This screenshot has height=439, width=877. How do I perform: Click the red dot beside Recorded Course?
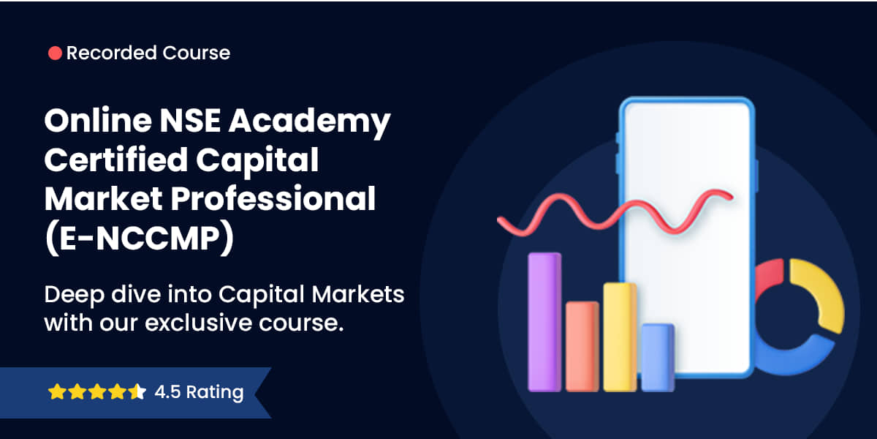pos(55,53)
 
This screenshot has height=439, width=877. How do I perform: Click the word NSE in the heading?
pos(190,120)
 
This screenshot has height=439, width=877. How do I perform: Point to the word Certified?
pos(116,160)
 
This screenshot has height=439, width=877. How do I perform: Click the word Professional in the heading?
pos(273,199)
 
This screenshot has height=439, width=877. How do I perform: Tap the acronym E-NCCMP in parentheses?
pos(140,238)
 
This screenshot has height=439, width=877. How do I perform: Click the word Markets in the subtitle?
pos(358,294)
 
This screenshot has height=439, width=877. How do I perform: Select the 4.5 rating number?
pos(167,391)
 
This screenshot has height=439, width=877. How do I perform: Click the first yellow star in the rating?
pos(57,391)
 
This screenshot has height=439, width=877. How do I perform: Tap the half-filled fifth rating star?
pos(137,391)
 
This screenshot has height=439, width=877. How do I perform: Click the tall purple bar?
pos(544,322)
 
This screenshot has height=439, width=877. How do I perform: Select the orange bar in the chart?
pos(582,347)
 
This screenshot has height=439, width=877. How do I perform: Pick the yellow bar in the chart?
pos(620,337)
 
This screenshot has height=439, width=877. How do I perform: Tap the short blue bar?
pos(658,358)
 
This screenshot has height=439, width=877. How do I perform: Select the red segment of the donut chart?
pos(767,277)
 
